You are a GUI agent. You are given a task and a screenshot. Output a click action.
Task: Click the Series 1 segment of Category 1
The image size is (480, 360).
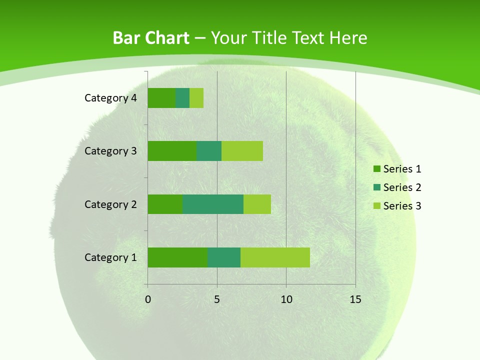[x=177, y=257]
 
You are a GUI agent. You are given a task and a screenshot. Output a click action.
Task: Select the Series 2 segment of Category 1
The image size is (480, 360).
[x=224, y=257]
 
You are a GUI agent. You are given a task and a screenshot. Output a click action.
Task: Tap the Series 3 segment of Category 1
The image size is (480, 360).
[x=275, y=257]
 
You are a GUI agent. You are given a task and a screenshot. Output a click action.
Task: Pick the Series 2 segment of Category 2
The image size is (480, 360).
[x=213, y=204]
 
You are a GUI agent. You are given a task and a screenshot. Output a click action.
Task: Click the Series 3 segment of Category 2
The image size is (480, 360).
[x=257, y=204]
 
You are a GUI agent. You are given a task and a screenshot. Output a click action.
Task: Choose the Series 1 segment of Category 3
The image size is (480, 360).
[x=172, y=151]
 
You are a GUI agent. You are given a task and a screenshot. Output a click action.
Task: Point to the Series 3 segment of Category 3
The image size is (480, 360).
[x=242, y=151]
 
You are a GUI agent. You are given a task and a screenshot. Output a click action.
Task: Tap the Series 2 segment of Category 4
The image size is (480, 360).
[x=182, y=98]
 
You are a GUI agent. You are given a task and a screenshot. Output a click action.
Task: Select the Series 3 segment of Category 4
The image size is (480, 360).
[x=196, y=98]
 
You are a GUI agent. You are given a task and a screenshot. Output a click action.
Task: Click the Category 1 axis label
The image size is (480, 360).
[x=110, y=257]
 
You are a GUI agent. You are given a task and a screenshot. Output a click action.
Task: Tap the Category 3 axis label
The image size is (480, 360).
[x=110, y=151]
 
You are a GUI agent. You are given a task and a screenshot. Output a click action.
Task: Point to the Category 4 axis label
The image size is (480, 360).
[x=110, y=98]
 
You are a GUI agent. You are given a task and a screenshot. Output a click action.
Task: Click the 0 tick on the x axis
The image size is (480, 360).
[x=148, y=299]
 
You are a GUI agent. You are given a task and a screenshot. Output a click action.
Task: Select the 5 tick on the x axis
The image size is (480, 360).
[x=217, y=299]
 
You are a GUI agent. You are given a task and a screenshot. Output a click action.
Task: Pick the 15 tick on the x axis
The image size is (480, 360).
[x=355, y=299]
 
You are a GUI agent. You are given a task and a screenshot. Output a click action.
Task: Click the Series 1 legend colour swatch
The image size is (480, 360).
[x=376, y=169]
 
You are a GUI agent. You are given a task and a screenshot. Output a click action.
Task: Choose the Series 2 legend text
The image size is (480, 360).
[x=402, y=187]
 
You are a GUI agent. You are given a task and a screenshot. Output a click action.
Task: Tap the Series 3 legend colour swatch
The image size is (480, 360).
[x=376, y=206]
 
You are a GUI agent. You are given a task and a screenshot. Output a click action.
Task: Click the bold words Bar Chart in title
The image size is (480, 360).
[x=151, y=38]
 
